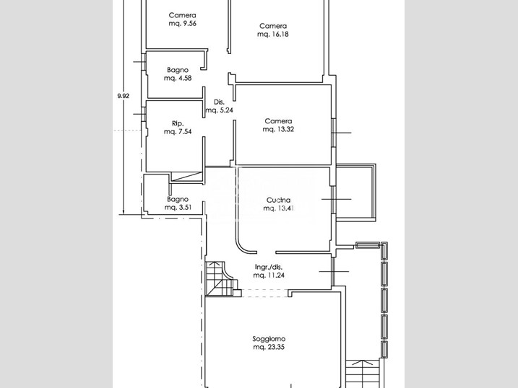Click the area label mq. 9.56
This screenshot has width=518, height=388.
point(182,23)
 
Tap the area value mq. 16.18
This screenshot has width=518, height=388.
point(273,34)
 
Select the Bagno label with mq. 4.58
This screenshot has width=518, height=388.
point(178,70)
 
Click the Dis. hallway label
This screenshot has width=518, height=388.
point(219,102)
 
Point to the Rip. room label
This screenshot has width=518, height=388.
point(178,123)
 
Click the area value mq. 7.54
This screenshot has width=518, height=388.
point(178,131)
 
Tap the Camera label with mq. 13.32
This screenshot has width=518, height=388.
point(278,121)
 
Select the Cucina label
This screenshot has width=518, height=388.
point(278,200)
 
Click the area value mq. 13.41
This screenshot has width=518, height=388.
point(278,208)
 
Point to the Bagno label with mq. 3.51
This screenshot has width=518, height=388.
point(178,199)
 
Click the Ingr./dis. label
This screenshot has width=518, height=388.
point(269,267)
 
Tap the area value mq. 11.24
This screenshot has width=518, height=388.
point(269,275)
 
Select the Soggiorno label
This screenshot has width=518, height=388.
point(269,338)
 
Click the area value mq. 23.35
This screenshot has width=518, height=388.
point(269,347)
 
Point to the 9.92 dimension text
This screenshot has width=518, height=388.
point(124,96)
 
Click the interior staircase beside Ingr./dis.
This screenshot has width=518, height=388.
point(221,278)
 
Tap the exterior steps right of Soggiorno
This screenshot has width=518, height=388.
point(363,374)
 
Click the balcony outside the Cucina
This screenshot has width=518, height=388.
point(355,192)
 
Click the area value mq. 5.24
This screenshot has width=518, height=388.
point(220,110)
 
